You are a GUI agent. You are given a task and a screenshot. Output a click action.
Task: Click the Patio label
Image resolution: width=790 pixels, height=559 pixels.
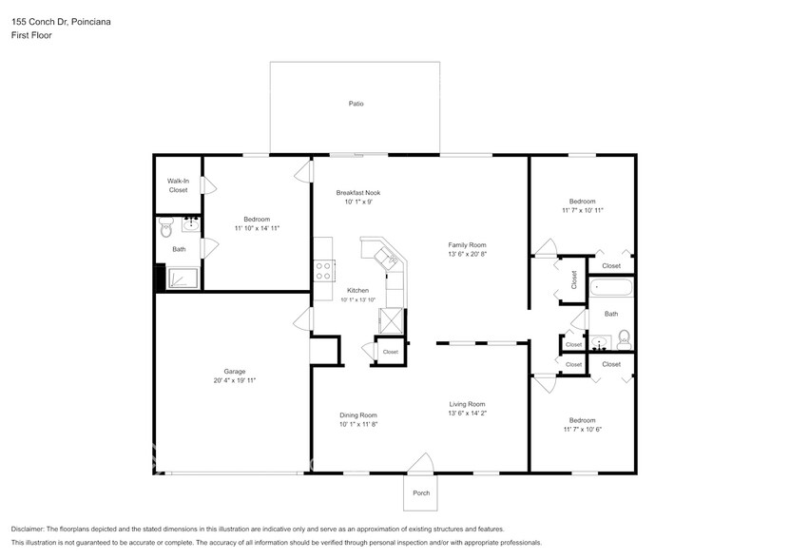[x=355, y=104]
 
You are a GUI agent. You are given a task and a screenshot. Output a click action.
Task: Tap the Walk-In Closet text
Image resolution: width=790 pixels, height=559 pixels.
[x=178, y=185]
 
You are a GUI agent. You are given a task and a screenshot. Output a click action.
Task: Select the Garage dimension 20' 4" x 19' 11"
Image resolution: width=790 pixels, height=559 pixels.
[x=234, y=380]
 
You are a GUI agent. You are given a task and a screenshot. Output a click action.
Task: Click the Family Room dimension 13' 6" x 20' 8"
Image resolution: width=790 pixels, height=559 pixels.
[x=467, y=254]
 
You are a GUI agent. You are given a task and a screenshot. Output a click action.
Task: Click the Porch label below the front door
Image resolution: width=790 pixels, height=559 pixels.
[x=420, y=492]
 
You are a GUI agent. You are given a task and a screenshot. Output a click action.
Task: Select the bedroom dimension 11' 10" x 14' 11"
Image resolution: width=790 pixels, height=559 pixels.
[x=257, y=228]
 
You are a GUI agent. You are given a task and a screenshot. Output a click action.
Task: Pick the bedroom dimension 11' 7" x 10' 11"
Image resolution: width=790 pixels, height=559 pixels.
[x=582, y=210]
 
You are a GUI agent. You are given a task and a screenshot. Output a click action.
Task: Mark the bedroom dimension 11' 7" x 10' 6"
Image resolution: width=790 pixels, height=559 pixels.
[x=582, y=429]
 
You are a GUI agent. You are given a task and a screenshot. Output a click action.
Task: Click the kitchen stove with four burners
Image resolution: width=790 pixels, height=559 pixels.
[x=323, y=270]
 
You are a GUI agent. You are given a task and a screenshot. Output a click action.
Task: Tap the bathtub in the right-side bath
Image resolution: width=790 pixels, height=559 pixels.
[x=611, y=287]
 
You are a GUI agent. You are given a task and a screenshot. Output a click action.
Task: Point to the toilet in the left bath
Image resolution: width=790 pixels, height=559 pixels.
[x=166, y=228]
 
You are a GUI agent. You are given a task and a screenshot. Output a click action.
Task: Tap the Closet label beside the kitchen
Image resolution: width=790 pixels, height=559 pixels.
[x=390, y=352]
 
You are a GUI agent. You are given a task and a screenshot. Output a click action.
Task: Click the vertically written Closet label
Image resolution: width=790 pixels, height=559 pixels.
[x=573, y=279]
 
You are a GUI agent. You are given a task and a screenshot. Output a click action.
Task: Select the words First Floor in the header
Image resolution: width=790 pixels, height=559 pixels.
[x=31, y=35]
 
